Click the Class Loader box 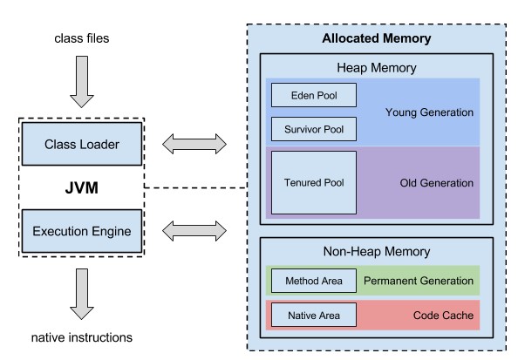tap(82, 144)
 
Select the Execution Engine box tap(82, 231)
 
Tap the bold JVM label tap(82, 188)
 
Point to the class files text tap(82, 38)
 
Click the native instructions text tap(82, 337)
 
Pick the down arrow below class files tap(82, 82)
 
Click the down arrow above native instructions tap(82, 294)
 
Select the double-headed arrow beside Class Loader tap(194, 144)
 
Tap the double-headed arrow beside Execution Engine tap(194, 231)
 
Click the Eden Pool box tap(314, 95)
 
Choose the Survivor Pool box tap(314, 129)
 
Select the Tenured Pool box tap(314, 183)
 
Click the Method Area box tap(314, 281)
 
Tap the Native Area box tap(314, 315)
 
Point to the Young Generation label tap(429, 112)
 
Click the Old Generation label tap(436, 183)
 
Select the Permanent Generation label tap(419, 281)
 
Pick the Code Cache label tap(443, 315)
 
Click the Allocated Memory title tap(377, 38)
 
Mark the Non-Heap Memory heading tap(377, 252)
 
